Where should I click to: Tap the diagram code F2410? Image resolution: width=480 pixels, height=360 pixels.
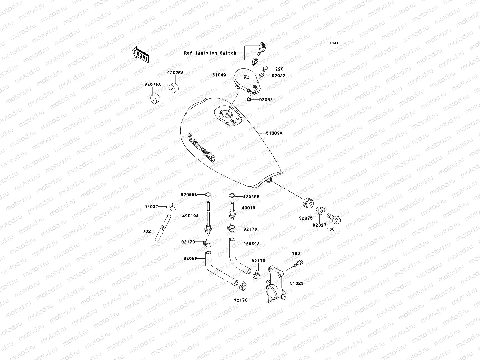(x=335, y=43)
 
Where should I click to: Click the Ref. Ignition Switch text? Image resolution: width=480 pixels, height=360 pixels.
(x=214, y=53)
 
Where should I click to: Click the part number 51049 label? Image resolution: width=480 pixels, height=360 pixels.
(x=219, y=75)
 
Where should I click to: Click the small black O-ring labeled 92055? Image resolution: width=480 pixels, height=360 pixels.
(x=249, y=100)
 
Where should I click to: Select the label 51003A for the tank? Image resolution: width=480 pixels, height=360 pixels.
(x=274, y=133)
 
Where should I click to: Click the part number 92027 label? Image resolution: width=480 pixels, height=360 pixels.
(x=319, y=225)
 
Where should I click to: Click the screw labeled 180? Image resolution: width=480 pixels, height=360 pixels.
(x=299, y=263)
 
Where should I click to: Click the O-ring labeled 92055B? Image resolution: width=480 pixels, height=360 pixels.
(x=232, y=196)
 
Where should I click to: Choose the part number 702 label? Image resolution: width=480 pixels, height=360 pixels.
(x=147, y=231)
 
